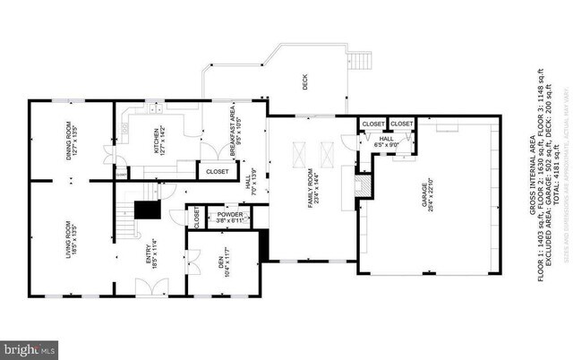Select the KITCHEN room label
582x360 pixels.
pyautogui.click(x=158, y=141)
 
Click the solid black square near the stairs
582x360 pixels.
pyautogui.click(x=145, y=210)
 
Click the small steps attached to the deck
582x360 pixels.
pyautogui.click(x=360, y=62)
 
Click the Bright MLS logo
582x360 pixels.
pyautogui.click(x=30, y=347)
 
